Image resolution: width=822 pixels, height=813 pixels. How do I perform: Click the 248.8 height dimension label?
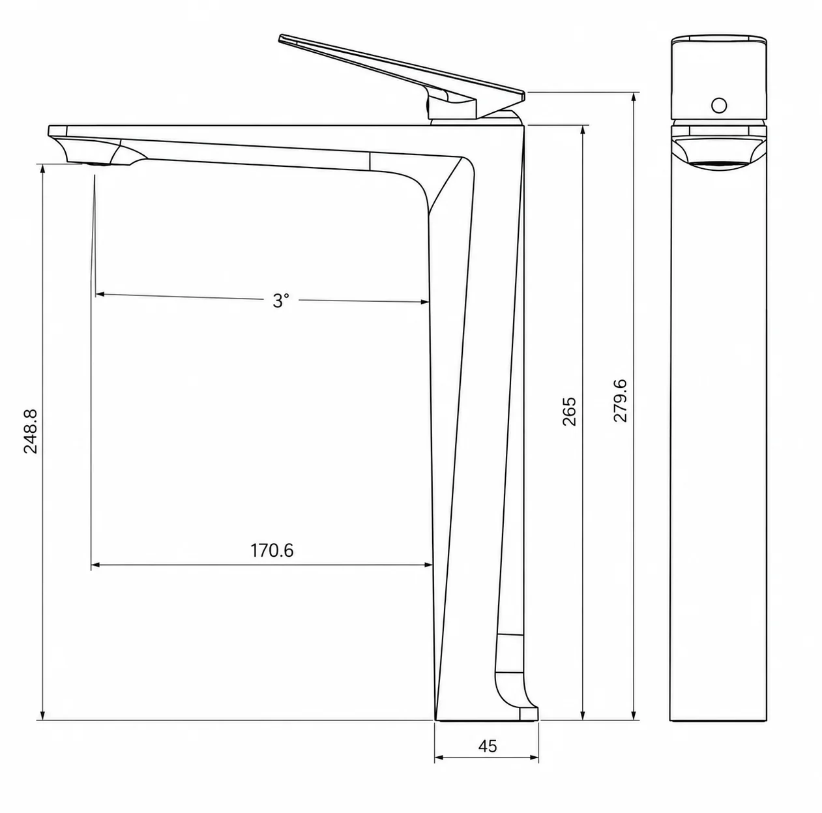tap(31, 431)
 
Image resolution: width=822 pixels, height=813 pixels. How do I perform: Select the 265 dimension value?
tap(569, 411)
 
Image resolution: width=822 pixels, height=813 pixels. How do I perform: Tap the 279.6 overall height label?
tap(620, 400)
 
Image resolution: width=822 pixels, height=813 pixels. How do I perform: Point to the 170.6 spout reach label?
tap(272, 550)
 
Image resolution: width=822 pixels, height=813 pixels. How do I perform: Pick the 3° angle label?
tap(281, 301)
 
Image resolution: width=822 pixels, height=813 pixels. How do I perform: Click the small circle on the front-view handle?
tap(719, 105)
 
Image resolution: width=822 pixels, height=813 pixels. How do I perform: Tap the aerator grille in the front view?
tap(719, 164)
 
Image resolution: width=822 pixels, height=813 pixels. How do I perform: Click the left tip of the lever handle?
tap(280, 38)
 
